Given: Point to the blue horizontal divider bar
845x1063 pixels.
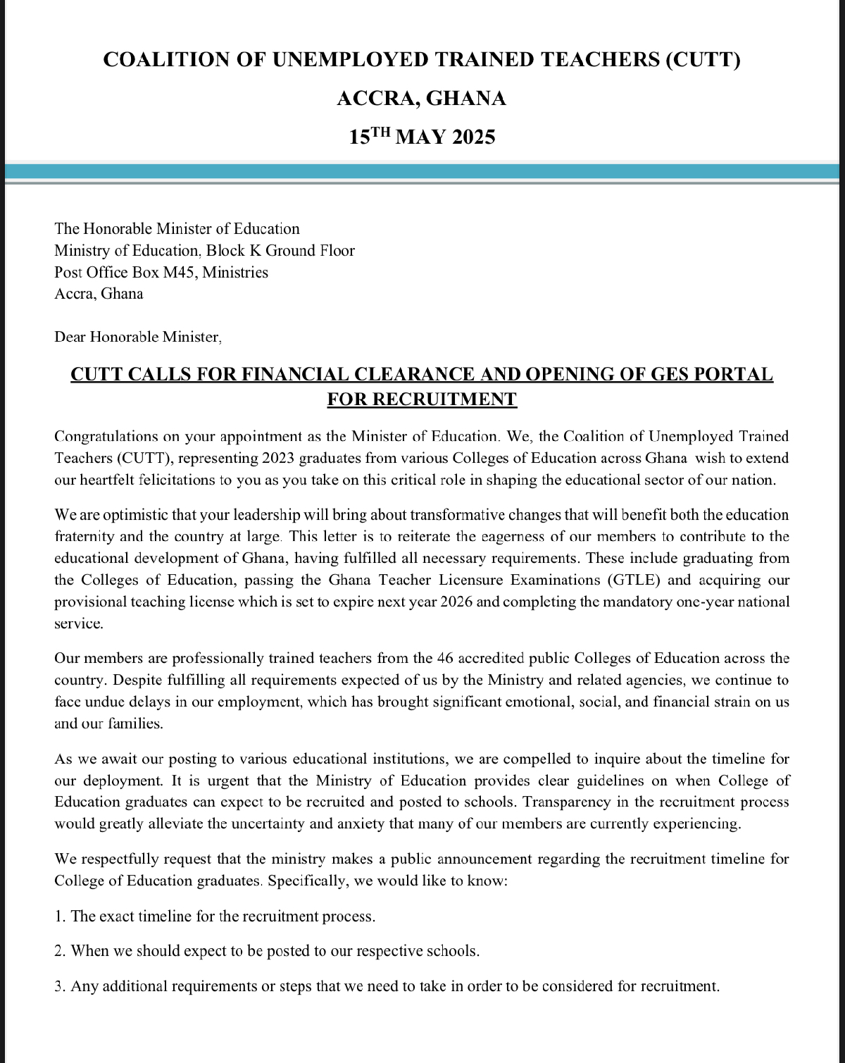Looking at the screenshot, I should tap(423, 172).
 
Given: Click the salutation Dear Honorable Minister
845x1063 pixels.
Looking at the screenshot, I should tap(137, 337).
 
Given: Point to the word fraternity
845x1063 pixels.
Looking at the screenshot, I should tap(84, 537).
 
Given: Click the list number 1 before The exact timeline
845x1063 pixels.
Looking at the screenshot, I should tap(58, 916).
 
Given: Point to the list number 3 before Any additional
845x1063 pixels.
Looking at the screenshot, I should tap(58, 986).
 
